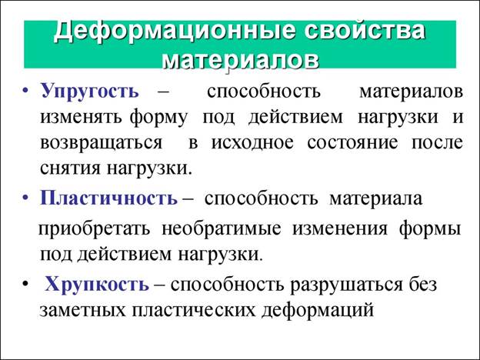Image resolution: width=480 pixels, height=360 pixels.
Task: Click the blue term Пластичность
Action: (108, 198)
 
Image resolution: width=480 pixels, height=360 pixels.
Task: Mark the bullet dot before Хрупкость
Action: (25, 284)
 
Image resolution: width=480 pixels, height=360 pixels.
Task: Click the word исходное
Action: (252, 142)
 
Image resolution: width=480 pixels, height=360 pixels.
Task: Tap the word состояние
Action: (352, 142)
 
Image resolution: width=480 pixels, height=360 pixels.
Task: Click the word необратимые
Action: (222, 229)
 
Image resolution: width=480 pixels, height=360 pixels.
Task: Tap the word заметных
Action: (82, 311)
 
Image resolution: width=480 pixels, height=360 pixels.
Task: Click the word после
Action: (437, 142)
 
